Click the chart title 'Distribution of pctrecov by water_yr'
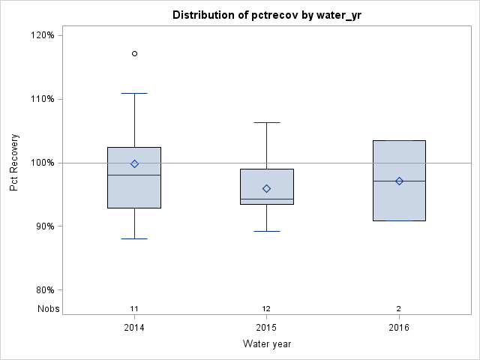click(267, 15)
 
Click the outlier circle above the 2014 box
click(134, 53)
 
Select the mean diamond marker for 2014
click(134, 163)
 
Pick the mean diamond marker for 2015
click(266, 188)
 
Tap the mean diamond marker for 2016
click(399, 181)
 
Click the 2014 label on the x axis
click(134, 328)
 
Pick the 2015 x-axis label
click(266, 328)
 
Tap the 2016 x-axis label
click(399, 328)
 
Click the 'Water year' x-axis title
click(267, 344)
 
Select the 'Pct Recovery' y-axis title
click(14, 163)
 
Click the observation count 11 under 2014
click(134, 308)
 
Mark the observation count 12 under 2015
click(266, 308)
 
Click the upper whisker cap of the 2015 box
click(266, 122)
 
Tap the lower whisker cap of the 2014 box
click(134, 238)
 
